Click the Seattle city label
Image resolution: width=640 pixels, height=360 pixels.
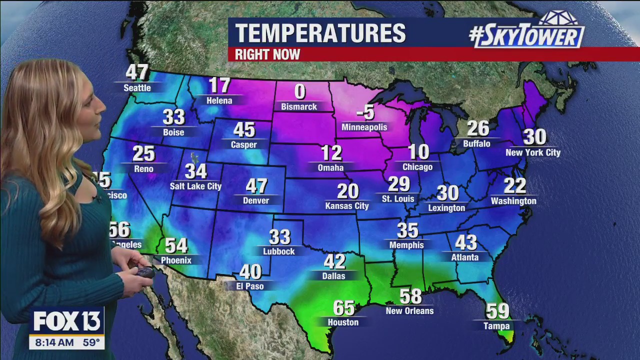tap(137, 88)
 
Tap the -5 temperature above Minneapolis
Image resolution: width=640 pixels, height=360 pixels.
tap(365, 112)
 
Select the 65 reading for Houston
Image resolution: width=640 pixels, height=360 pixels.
tap(343, 308)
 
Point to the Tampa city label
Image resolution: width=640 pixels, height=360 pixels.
tap(496, 326)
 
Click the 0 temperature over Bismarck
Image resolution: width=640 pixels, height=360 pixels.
tap(299, 92)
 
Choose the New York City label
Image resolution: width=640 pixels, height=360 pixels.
tap(533, 152)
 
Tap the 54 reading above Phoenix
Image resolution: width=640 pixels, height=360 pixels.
tap(176, 245)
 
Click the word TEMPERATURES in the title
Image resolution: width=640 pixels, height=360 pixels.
tap(320, 33)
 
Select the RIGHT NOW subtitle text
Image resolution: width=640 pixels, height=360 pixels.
tap(267, 54)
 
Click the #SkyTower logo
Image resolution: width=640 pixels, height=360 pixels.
tap(527, 31)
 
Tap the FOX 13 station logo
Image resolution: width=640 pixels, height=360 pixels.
tap(67, 321)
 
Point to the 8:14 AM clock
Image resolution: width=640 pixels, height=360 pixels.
tap(51, 343)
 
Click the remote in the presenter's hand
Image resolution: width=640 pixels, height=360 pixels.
tap(145, 272)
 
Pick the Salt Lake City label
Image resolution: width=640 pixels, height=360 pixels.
tap(195, 186)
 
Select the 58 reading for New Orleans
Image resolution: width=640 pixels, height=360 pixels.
tap(410, 296)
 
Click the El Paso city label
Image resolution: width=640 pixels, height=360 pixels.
tap(250, 286)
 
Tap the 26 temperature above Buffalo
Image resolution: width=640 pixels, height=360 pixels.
tap(477, 129)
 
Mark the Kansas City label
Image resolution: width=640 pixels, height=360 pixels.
tap(347, 205)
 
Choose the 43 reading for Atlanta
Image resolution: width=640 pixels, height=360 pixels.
tap(465, 243)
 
